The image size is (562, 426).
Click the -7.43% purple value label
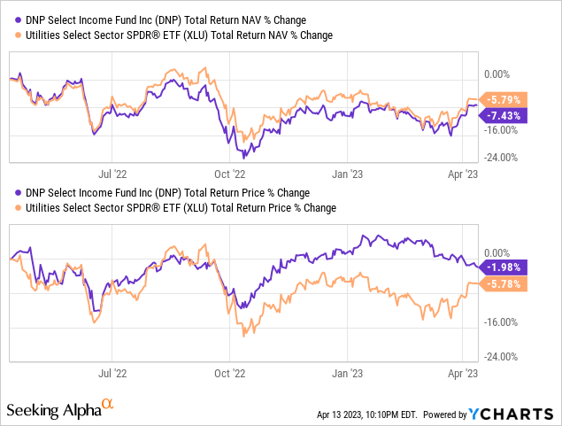pyautogui.click(x=506, y=115)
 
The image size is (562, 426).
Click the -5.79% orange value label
pyautogui.click(x=506, y=99)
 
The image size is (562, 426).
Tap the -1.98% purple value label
pyautogui.click(x=506, y=267)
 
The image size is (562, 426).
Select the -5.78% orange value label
pyautogui.click(x=506, y=284)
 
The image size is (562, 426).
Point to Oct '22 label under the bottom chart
pyautogui.click(x=229, y=374)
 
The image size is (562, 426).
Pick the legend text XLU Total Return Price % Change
pyautogui.click(x=178, y=208)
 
